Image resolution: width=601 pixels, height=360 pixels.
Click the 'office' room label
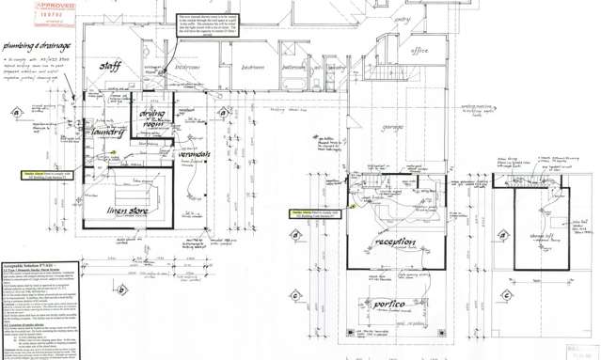tap(420, 51)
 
